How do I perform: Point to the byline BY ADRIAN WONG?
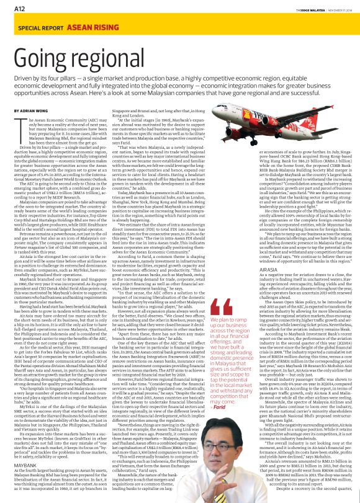(32, 110)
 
